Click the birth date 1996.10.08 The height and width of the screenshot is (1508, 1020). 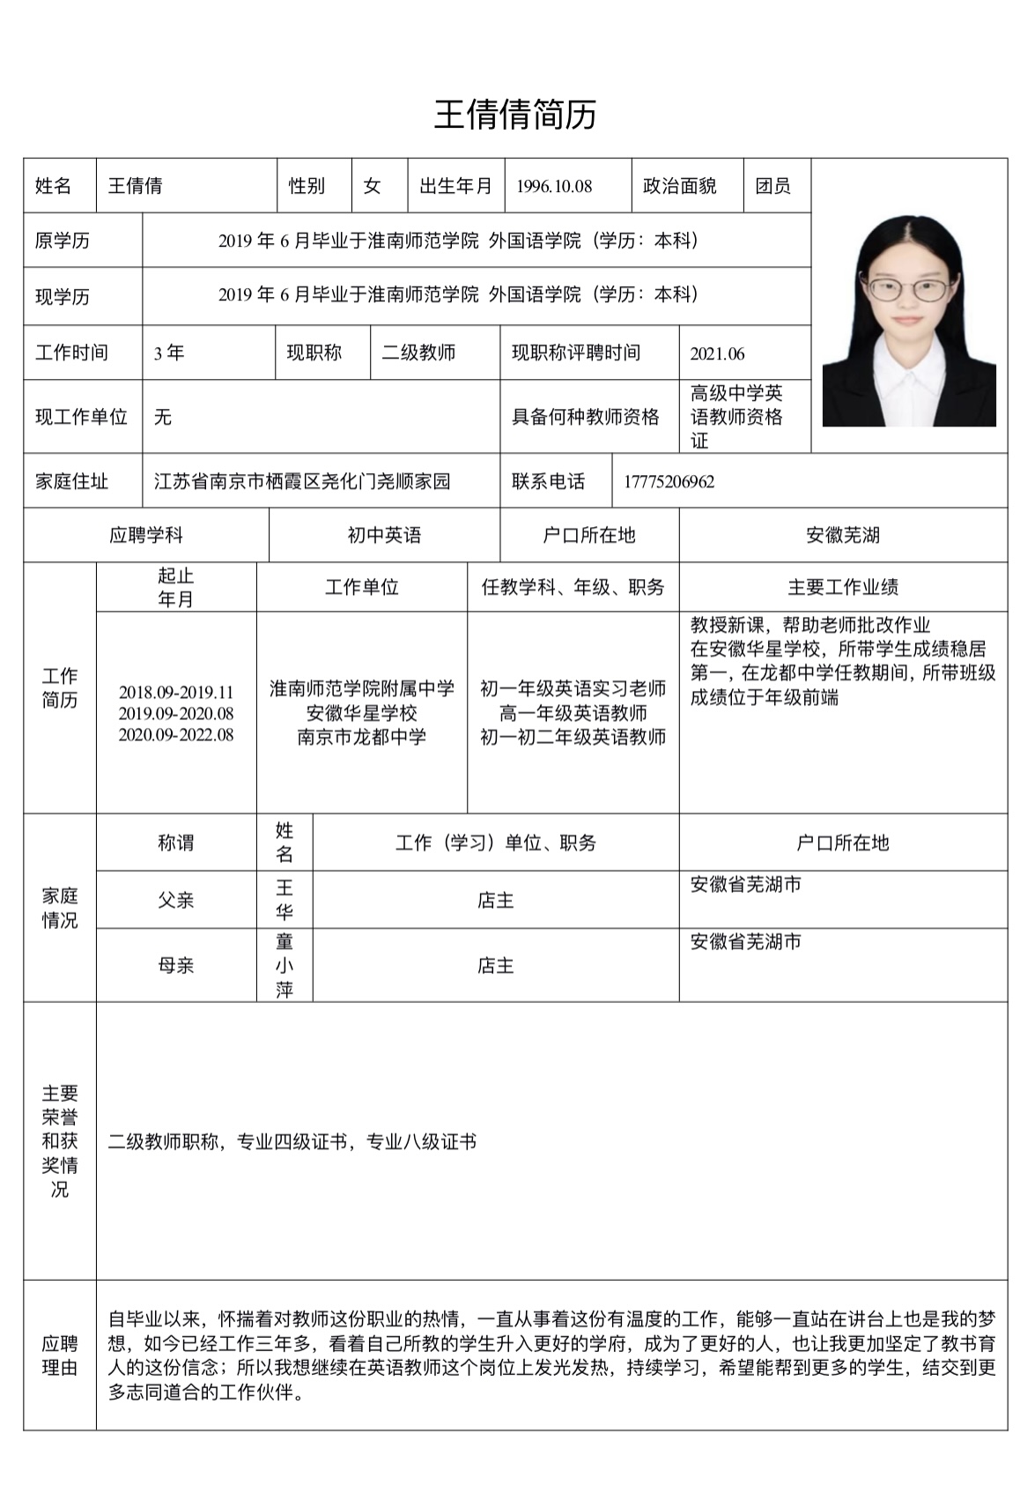[x=554, y=187]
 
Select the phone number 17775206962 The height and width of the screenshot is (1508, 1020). [x=669, y=482]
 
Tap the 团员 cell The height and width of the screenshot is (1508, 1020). [x=772, y=187]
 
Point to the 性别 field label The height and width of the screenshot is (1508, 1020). [x=307, y=187]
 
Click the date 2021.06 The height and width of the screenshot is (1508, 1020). [x=717, y=354]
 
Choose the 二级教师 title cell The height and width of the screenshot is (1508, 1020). [x=418, y=353]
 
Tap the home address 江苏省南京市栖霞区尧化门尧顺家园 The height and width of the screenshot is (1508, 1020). [x=302, y=481]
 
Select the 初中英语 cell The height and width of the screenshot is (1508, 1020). [x=384, y=535]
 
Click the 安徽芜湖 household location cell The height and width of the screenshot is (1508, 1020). [x=842, y=535]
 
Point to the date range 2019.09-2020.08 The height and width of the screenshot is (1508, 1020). [x=176, y=714]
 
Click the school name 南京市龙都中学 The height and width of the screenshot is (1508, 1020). [x=361, y=736]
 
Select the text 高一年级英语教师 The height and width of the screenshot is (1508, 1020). [x=573, y=713]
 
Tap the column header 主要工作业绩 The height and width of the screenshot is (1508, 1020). [x=842, y=588]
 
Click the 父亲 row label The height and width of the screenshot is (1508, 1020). [x=175, y=901]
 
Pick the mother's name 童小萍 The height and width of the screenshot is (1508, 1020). [x=284, y=966]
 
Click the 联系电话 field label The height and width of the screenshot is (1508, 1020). [x=548, y=481]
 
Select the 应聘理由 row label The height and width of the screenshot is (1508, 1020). [x=60, y=1356]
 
